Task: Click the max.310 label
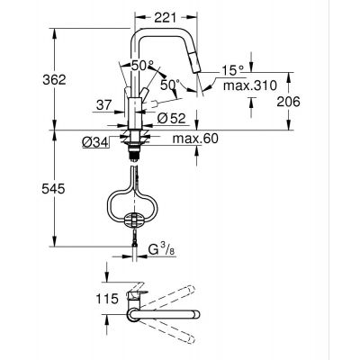pyautogui.click(x=245, y=86)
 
